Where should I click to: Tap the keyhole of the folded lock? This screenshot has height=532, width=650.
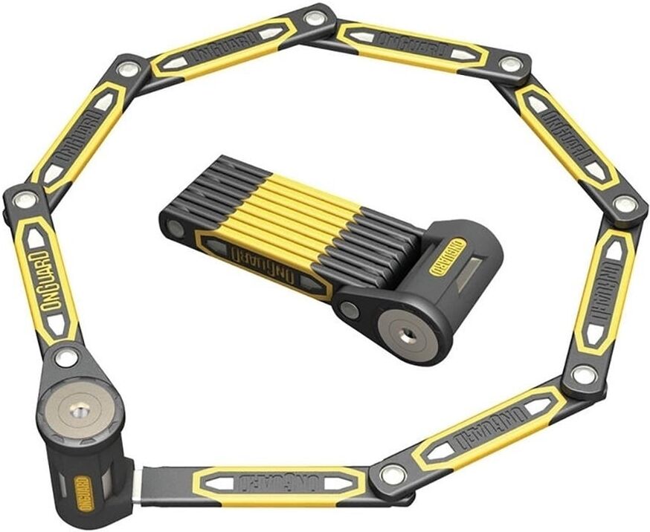[x=405, y=336]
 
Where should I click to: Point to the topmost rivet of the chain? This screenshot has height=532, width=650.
[x=315, y=19]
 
